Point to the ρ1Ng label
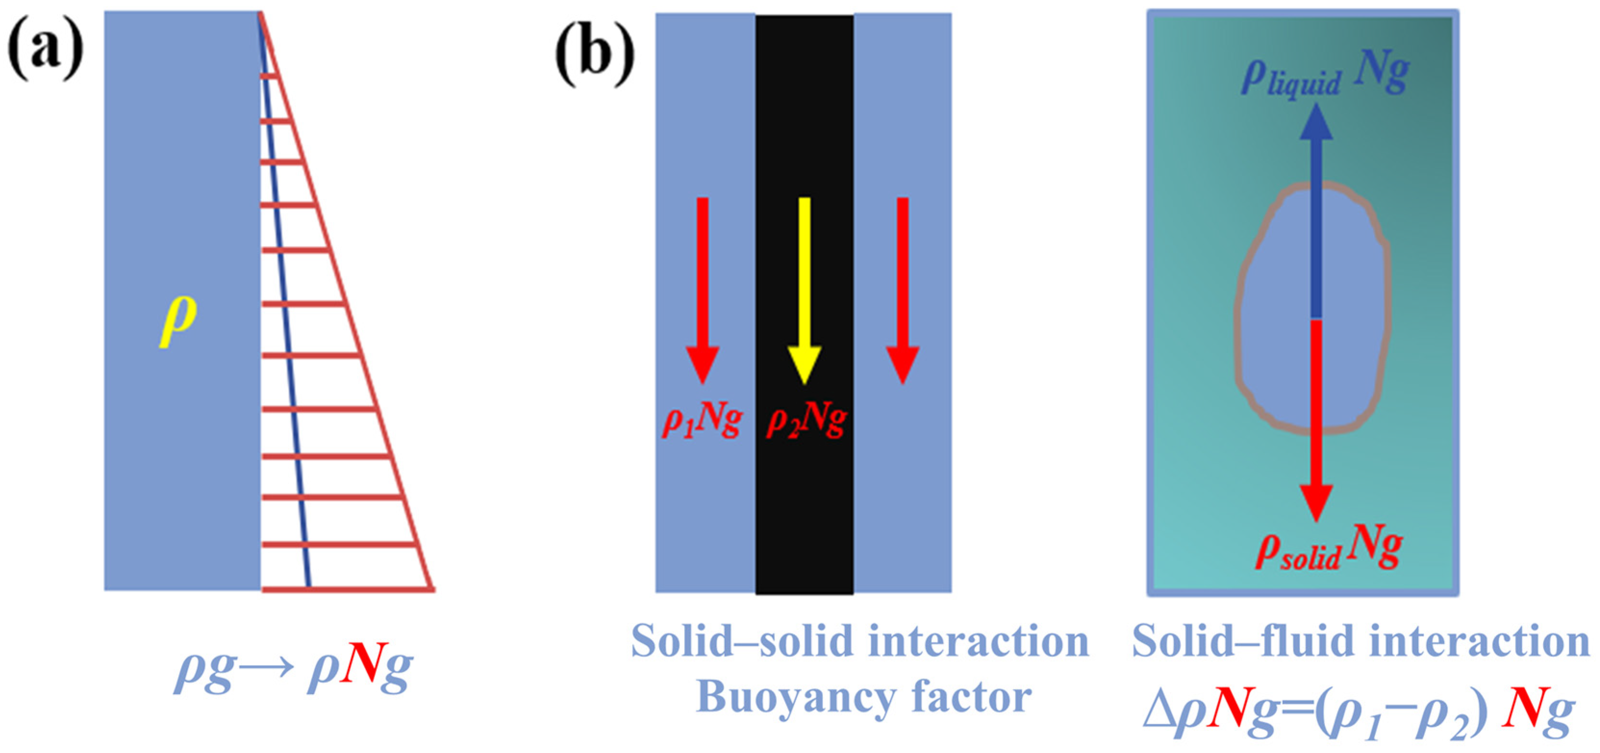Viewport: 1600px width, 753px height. [x=702, y=422]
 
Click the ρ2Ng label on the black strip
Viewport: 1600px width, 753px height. [x=807, y=422]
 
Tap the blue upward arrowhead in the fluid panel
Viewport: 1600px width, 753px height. [x=1315, y=122]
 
